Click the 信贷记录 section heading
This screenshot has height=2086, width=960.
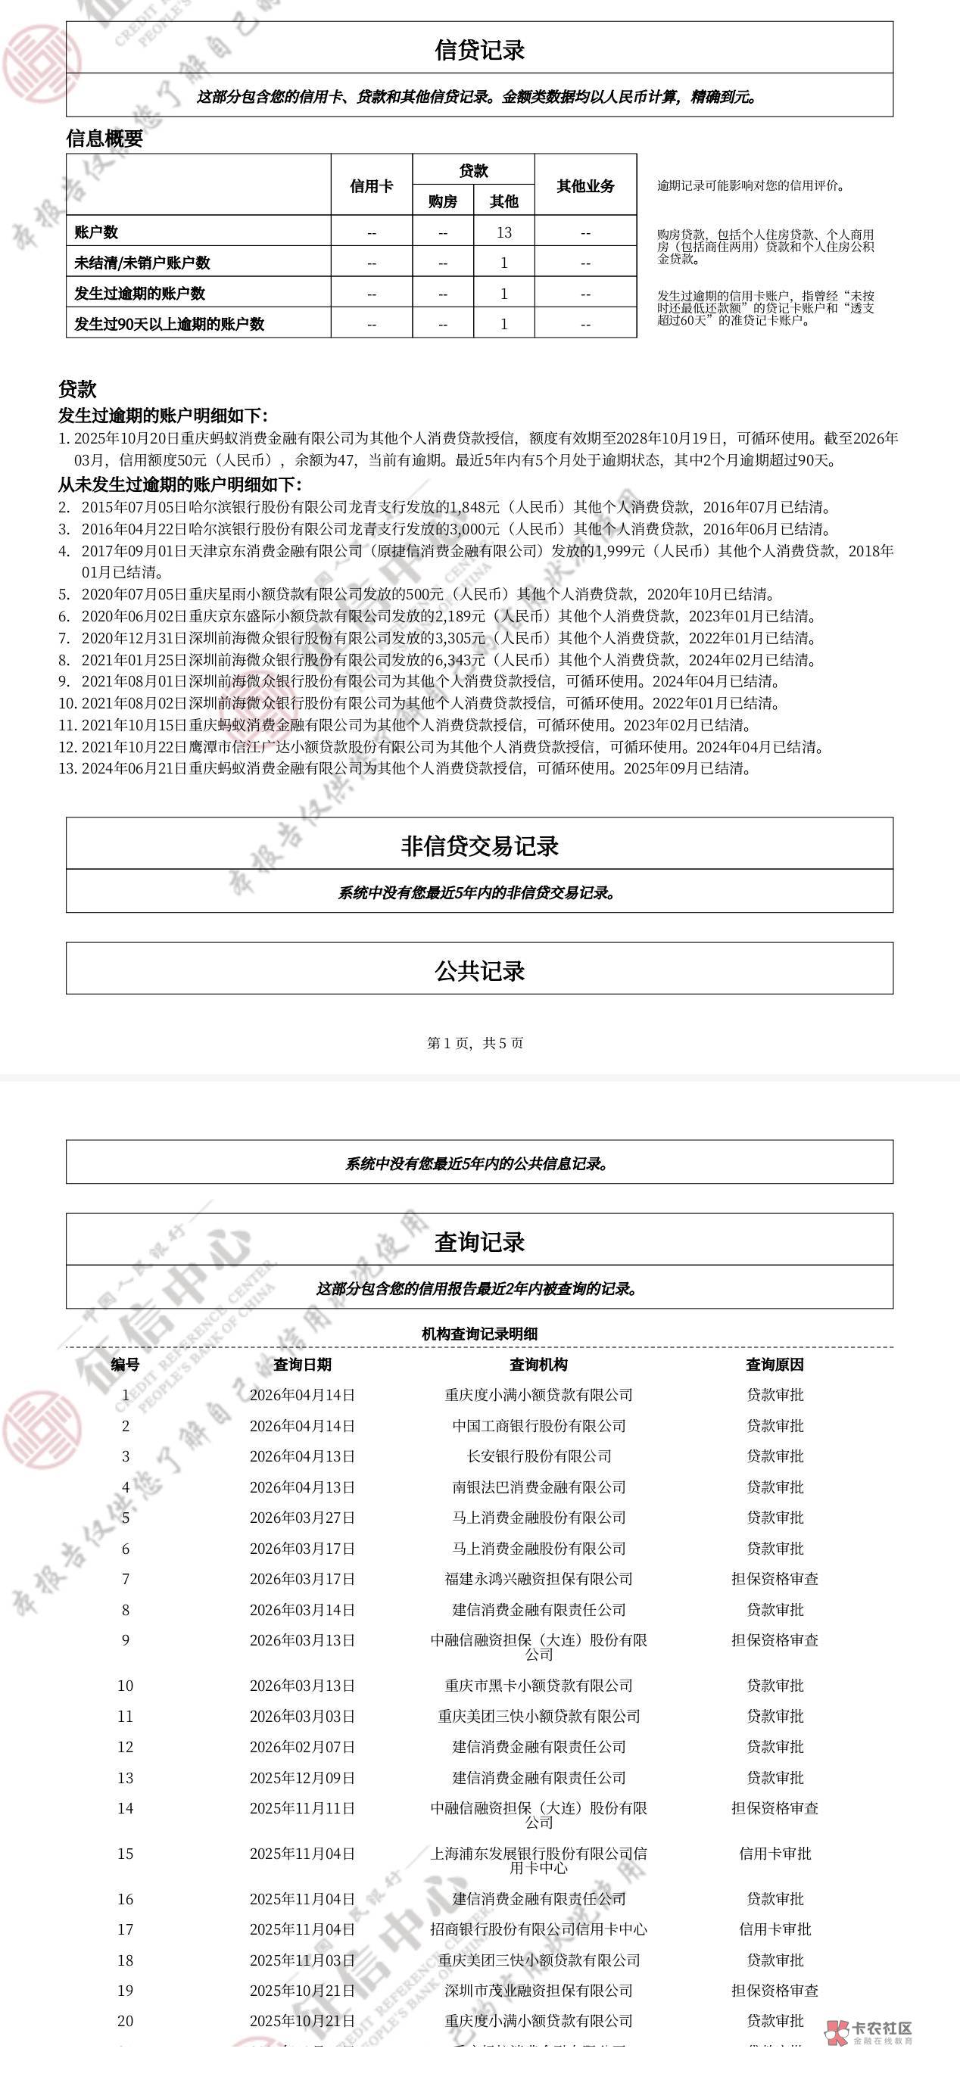click(479, 50)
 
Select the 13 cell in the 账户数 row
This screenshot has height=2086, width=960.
click(504, 232)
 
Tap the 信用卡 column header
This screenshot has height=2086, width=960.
click(371, 186)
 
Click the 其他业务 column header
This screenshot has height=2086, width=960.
click(585, 186)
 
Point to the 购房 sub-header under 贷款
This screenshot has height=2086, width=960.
click(442, 201)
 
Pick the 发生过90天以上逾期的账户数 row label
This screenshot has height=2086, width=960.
click(170, 324)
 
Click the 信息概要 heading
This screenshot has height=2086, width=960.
click(104, 139)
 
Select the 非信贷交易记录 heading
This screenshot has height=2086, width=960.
click(479, 846)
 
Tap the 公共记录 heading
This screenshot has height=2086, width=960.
click(479, 971)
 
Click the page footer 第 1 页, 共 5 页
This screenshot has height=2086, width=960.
click(475, 1043)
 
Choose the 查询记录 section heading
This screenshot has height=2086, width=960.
click(479, 1242)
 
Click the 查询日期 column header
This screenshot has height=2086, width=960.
click(302, 1365)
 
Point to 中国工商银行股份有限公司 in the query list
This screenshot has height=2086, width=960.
click(539, 1425)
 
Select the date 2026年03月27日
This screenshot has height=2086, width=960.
click(302, 1518)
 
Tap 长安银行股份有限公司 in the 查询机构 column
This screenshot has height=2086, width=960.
click(539, 1456)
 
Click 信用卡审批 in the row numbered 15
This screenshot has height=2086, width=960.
click(775, 1854)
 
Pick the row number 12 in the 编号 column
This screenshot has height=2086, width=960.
click(125, 1747)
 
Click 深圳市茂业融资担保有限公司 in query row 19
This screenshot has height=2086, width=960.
click(539, 1991)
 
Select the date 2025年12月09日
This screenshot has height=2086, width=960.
click(302, 1777)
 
